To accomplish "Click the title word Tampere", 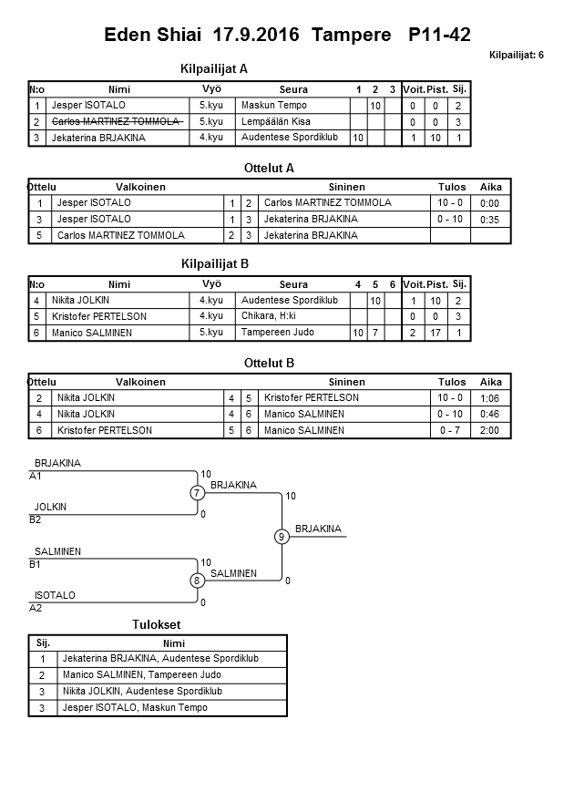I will pos(350,36).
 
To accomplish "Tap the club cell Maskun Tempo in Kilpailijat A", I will pos(273,106).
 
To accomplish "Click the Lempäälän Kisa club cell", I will pos(276,121).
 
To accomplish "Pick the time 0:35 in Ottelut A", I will pos(489,220).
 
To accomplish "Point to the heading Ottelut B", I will pos(270,363).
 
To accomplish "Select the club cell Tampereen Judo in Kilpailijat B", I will pos(277,333).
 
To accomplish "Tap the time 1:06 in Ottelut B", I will pos(489,398).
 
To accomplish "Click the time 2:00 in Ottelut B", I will pos(489,430).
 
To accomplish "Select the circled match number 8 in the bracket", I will pos(197,580).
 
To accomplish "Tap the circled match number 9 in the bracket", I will pos(282,537).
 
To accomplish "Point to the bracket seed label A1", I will pos(36,476).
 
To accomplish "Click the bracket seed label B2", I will pos(36,519).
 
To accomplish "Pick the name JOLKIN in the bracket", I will pos(50,507).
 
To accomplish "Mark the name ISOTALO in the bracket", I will pos(55,595).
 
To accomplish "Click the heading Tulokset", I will pos(156,624).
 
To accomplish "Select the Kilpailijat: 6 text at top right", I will pos(516,56).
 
